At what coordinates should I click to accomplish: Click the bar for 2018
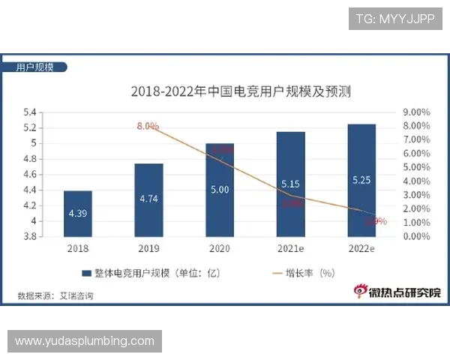(78, 213)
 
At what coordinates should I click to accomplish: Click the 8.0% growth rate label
(148, 126)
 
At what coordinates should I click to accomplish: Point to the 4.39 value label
(78, 213)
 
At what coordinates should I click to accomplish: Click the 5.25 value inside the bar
(361, 179)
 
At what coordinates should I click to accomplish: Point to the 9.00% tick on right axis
(415, 112)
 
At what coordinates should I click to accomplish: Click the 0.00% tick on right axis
(415, 236)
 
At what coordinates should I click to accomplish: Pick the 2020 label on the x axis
(220, 248)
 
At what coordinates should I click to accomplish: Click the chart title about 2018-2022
(241, 93)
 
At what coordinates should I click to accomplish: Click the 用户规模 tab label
(35, 67)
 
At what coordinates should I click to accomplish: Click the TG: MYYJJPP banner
(394, 19)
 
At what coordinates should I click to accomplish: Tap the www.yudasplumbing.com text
(84, 341)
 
